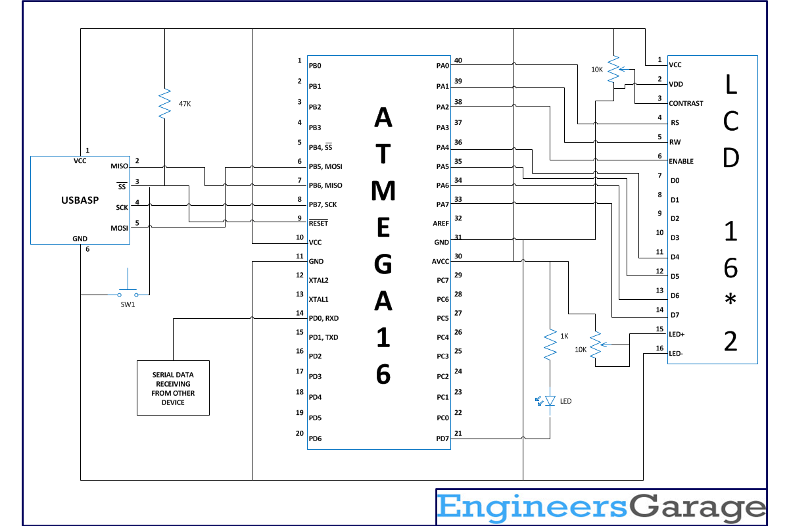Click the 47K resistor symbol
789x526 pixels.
click(164, 104)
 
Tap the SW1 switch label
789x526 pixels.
click(128, 304)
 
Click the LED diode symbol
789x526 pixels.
click(550, 400)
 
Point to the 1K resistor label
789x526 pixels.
click(564, 336)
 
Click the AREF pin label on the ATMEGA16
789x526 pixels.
click(442, 223)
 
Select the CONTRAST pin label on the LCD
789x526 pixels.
click(686, 103)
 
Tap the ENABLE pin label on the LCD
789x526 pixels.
click(681, 161)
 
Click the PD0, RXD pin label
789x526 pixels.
click(323, 318)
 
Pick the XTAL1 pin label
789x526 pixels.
click(319, 299)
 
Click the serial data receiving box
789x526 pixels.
click(173, 388)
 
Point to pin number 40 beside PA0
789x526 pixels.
click(458, 60)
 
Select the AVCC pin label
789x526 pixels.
click(441, 261)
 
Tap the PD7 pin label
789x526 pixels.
click(442, 438)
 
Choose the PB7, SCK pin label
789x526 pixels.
click(323, 204)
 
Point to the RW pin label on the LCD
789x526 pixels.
click(675, 142)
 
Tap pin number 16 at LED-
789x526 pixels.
click(659, 348)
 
